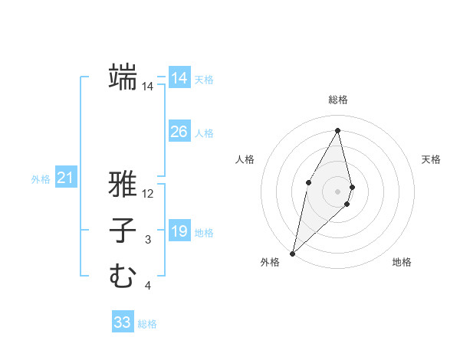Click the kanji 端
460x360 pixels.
(x=123, y=77)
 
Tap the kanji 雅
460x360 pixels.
(x=123, y=184)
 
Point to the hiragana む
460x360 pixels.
(x=123, y=276)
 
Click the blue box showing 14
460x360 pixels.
(x=179, y=78)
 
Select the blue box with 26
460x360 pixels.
(x=179, y=132)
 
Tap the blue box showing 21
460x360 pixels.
(x=65, y=178)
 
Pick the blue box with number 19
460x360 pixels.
(x=179, y=231)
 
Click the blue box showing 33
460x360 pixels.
(x=122, y=322)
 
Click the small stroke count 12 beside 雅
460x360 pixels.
(x=148, y=195)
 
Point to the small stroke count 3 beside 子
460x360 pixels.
(x=148, y=241)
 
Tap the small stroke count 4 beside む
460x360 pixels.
(x=148, y=286)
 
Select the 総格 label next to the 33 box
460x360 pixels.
(x=147, y=324)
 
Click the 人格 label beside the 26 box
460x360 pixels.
(x=204, y=133)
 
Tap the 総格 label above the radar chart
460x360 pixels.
(x=338, y=100)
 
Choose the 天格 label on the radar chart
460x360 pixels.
(x=431, y=159)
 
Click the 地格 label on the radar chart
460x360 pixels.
(x=402, y=262)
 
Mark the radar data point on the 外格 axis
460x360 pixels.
(x=292, y=253)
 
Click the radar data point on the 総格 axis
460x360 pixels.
(x=338, y=130)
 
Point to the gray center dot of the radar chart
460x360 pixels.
(x=338, y=191)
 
